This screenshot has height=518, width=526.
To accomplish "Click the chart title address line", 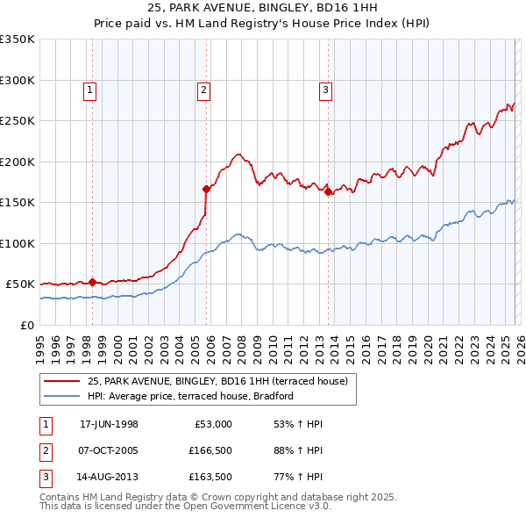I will pos(263,9).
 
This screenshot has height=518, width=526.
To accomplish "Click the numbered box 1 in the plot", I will pos(91,89).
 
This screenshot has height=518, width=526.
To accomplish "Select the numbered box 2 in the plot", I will pos(203,89).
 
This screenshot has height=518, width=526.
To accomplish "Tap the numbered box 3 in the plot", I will pos(325,89).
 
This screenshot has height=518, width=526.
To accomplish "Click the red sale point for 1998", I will pos(92,282).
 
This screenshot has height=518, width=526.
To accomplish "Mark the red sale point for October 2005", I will pos(206,188).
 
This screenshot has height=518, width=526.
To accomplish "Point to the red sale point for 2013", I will pos(328,191).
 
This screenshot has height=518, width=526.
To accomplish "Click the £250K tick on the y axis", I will pos(18,121).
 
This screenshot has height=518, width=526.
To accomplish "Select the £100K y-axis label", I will pos(18,243).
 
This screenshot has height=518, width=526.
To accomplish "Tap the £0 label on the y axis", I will pos(28,325).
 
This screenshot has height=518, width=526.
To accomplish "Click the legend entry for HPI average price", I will pos(189,396).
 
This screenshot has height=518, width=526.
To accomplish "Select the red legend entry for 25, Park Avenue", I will pos(217,381).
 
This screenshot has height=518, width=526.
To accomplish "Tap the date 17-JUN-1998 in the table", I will pos(109,424).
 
